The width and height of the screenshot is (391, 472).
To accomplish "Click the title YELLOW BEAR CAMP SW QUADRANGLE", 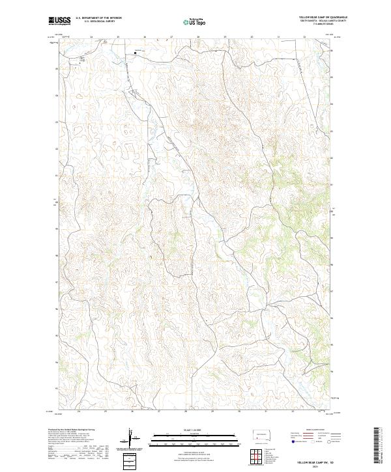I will [323, 16].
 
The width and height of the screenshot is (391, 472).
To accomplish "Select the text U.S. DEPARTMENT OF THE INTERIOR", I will [98, 18].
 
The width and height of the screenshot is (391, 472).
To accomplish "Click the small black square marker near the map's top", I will [136, 53].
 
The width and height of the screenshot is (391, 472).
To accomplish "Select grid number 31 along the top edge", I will [278, 37].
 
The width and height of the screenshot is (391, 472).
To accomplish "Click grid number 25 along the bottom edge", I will [106, 411].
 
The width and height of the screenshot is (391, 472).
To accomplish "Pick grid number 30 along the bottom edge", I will [239, 411].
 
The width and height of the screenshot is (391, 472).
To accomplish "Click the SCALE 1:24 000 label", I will [186, 430].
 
